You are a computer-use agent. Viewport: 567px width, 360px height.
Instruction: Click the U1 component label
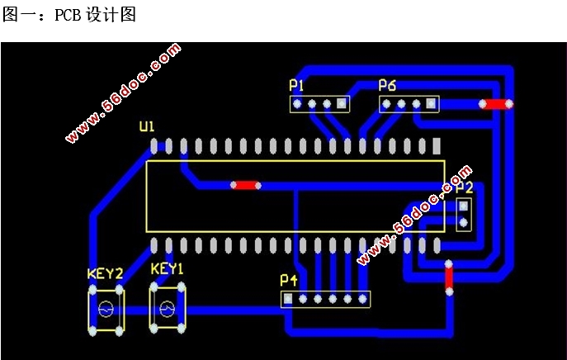(x=146, y=126)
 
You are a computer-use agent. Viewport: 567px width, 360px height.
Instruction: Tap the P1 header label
(x=296, y=85)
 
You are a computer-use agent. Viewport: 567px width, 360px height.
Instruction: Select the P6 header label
(x=387, y=85)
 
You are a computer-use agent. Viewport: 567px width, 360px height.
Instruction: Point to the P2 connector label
(x=465, y=188)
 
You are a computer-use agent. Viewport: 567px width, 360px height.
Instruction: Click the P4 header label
(x=288, y=281)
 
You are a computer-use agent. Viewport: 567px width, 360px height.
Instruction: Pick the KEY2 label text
(x=105, y=273)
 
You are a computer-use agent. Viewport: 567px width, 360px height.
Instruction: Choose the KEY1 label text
(x=167, y=269)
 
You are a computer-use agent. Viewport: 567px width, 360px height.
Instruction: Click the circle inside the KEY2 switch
(x=106, y=310)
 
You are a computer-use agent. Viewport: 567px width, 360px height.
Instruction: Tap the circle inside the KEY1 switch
(x=167, y=309)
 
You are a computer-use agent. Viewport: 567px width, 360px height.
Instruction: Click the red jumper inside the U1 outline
(x=245, y=186)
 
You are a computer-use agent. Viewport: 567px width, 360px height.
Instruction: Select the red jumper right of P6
(x=495, y=104)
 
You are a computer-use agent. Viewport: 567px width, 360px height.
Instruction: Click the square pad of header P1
(x=341, y=104)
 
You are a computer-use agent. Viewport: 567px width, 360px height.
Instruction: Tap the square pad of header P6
(x=431, y=104)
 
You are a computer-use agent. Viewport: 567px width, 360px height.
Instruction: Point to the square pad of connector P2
(x=464, y=206)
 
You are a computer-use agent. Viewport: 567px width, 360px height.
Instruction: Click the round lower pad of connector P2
(x=464, y=221)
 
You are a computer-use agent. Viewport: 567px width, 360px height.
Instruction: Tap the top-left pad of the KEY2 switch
(x=91, y=290)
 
